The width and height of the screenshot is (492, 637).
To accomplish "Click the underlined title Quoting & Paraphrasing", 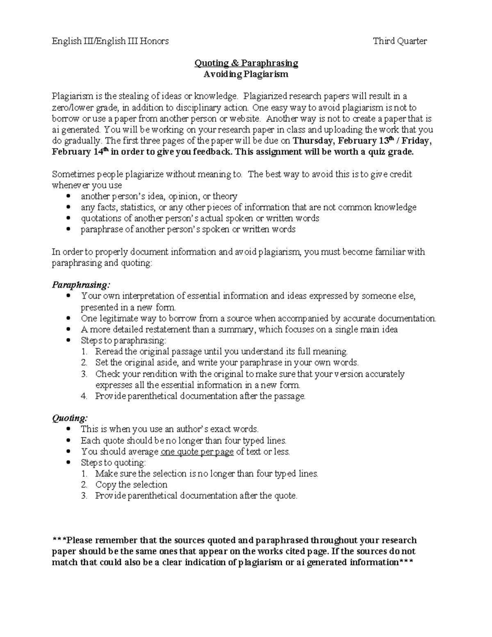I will pyautogui.click(x=246, y=63).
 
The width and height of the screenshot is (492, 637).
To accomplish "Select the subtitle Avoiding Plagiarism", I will pyautogui.click(x=246, y=74).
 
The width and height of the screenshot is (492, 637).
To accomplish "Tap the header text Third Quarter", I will pyautogui.click(x=400, y=41).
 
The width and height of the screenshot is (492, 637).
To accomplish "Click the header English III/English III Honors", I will pyautogui.click(x=110, y=41).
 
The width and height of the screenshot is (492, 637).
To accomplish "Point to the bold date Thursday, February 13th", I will pyautogui.click(x=343, y=141).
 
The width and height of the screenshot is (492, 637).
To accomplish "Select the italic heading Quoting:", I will pyautogui.click(x=69, y=418).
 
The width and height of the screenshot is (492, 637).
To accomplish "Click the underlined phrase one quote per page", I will pyautogui.click(x=197, y=452).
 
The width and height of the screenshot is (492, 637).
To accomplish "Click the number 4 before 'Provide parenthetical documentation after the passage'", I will pyautogui.click(x=84, y=396).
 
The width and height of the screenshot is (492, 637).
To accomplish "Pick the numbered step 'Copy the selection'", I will pyautogui.click(x=131, y=484).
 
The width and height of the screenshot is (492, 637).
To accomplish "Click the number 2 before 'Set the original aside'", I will pyautogui.click(x=84, y=363).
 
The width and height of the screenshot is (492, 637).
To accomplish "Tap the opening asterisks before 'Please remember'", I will pyautogui.click(x=59, y=540).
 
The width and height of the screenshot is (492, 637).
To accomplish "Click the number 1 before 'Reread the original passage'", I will pyautogui.click(x=84, y=352).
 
